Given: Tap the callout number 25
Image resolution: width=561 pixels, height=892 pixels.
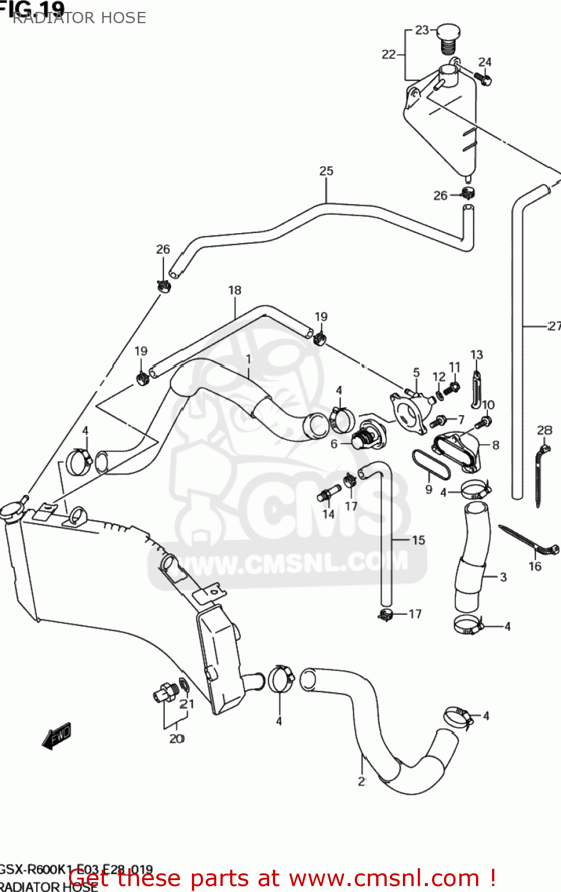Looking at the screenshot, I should tap(326, 171).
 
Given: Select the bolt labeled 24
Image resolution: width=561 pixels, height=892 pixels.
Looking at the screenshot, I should tap(483, 78).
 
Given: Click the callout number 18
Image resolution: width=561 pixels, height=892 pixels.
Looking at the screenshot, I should tap(235, 290).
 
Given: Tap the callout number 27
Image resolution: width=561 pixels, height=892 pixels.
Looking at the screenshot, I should tap(554, 326).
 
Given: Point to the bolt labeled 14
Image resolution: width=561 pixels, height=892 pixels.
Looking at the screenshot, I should tap(328, 493).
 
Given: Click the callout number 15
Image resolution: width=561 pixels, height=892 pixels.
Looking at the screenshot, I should tap(418, 540).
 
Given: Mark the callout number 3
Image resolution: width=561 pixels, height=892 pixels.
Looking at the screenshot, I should tap(503, 577).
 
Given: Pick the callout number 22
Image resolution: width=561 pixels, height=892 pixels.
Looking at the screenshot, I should tap(388, 55).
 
